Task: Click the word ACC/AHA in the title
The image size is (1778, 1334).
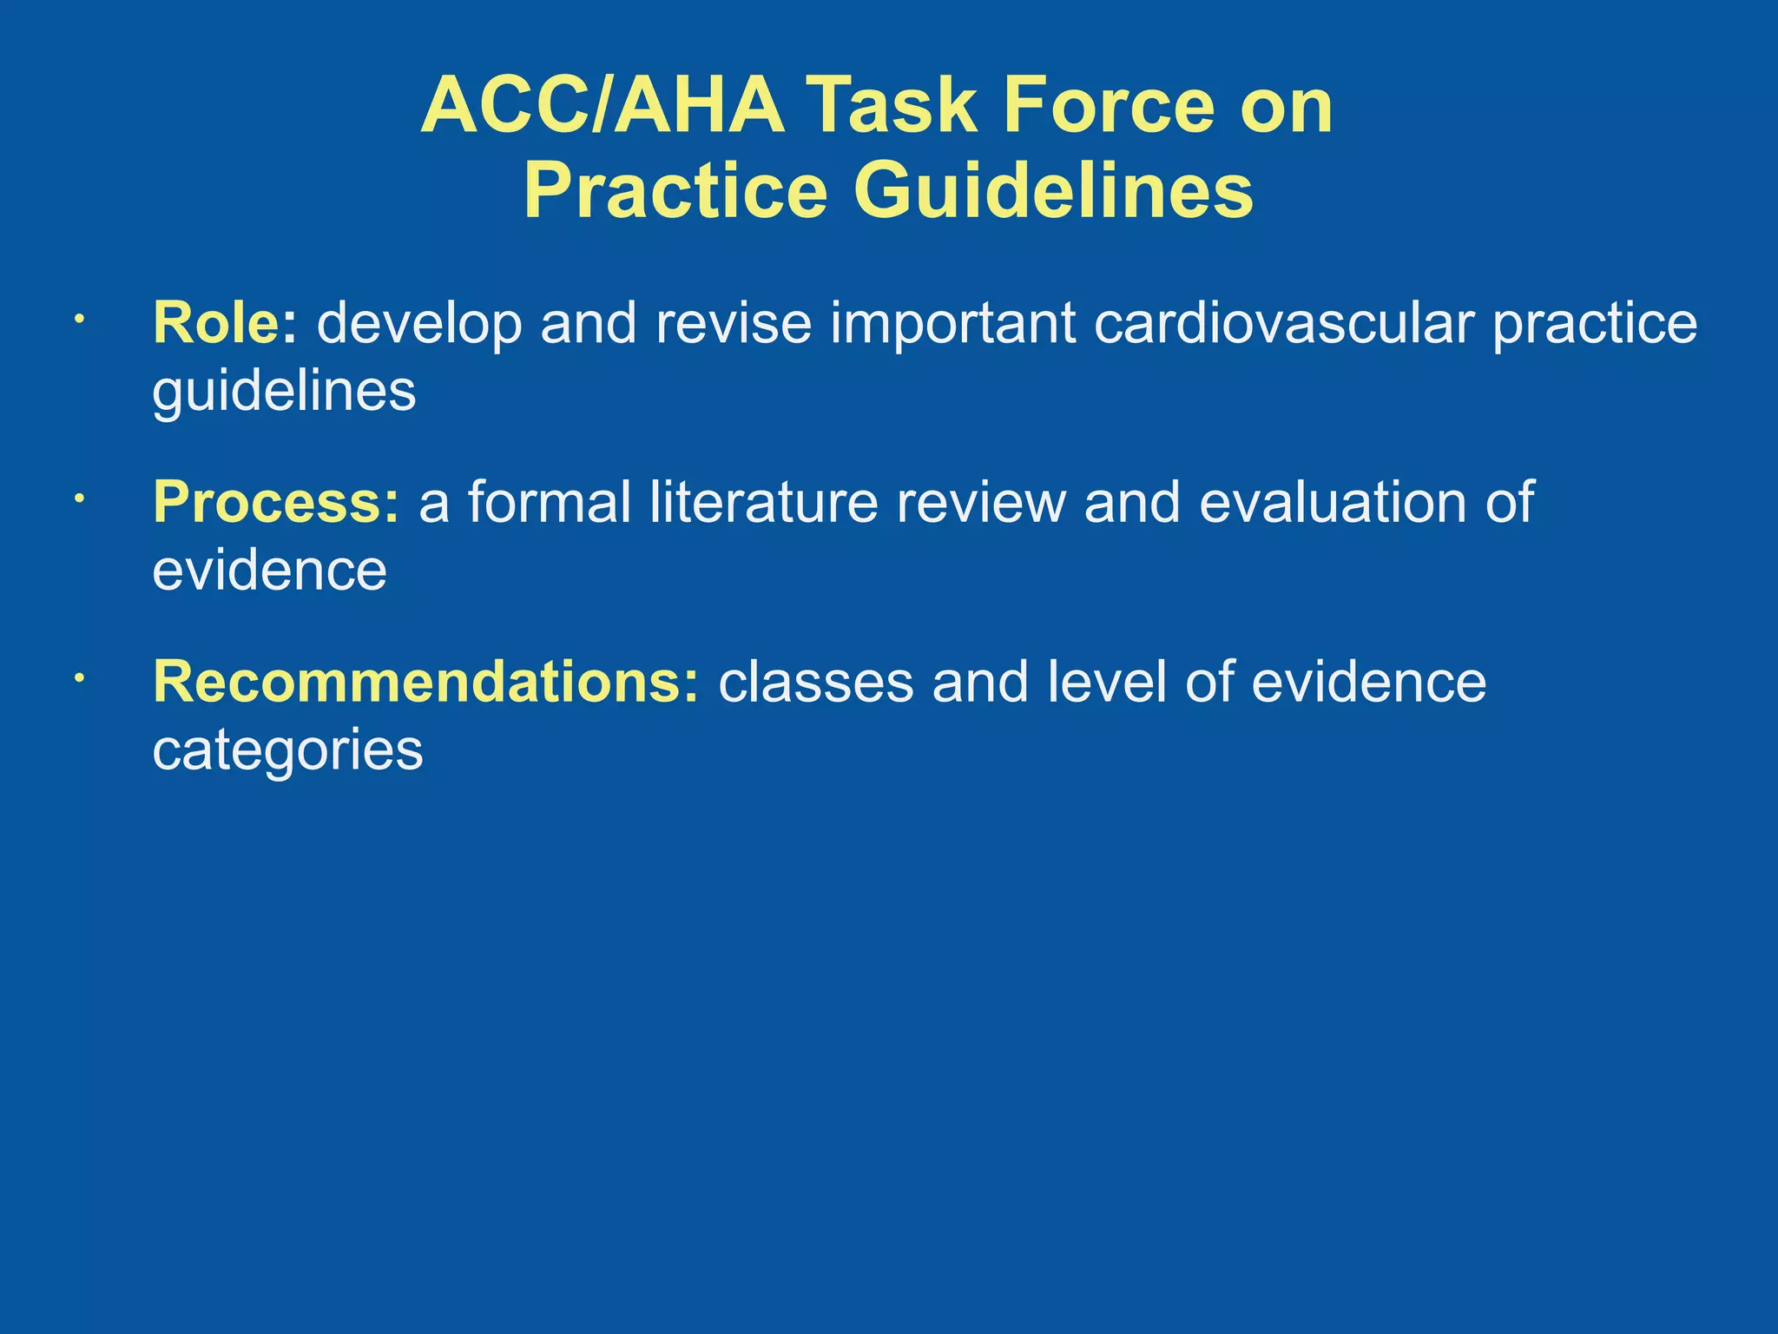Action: coord(603,106)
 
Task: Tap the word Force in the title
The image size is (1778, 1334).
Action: coord(1109,106)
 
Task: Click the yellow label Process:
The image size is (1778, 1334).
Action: coord(276,502)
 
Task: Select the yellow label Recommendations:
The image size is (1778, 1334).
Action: coord(425,682)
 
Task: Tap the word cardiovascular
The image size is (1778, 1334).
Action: coord(1283,322)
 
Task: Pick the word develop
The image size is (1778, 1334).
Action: coord(419,324)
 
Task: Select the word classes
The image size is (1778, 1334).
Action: coord(815,682)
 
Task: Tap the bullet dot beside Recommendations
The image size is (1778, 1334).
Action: coord(78,679)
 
